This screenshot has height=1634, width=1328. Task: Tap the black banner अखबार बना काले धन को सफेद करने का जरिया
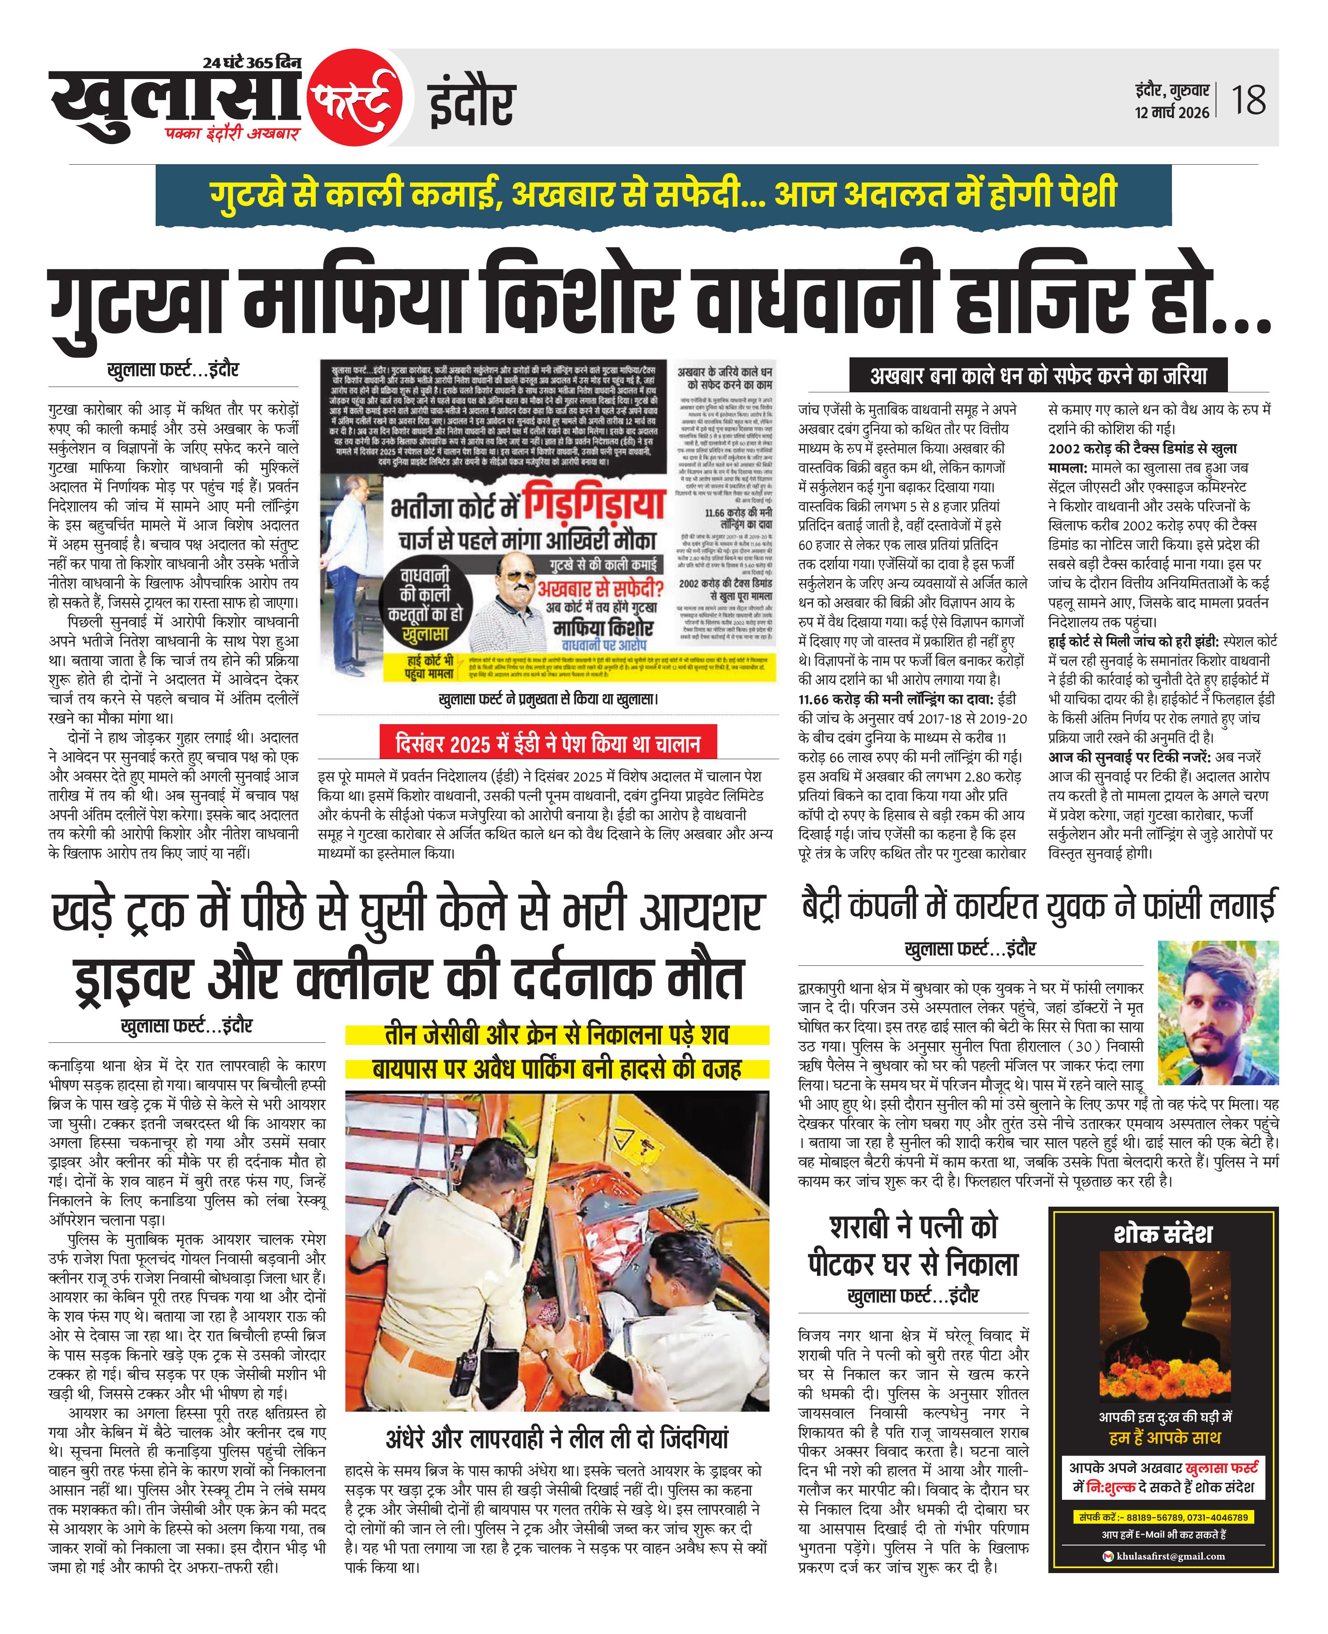[1038, 376]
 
